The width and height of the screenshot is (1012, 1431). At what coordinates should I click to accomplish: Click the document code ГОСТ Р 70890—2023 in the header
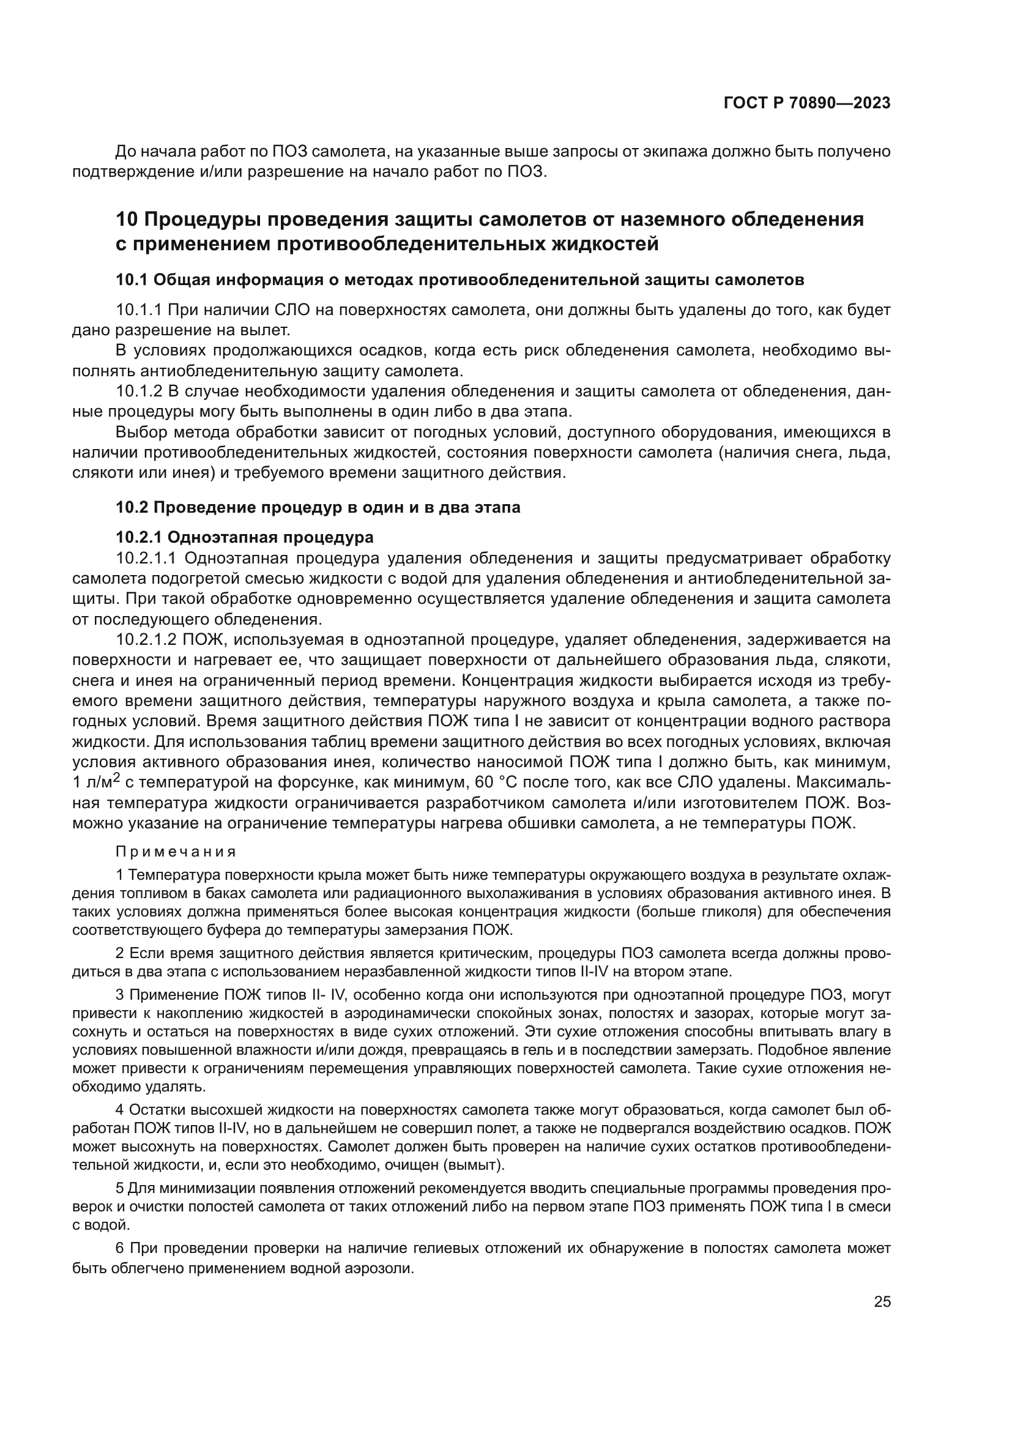pyautogui.click(x=806, y=103)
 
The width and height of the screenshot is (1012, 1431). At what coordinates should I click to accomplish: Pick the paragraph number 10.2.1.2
pyautogui.click(x=148, y=639)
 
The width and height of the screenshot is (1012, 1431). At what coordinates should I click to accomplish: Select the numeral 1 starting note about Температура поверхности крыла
pyautogui.click(x=120, y=875)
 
